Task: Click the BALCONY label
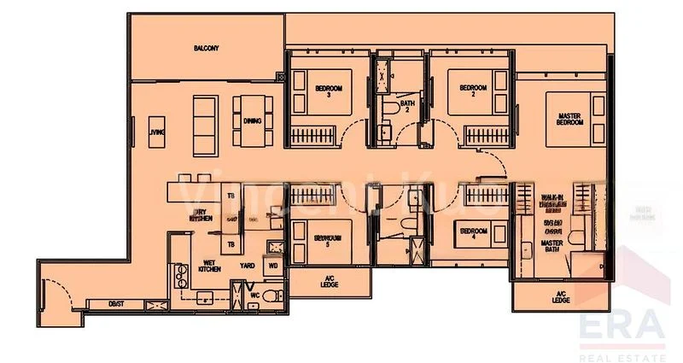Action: (x=206, y=49)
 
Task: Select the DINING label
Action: (x=252, y=121)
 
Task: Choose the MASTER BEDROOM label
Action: (x=570, y=119)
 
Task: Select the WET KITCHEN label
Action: (x=211, y=266)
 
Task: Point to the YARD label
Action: (x=247, y=266)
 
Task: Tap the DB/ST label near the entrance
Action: (x=116, y=303)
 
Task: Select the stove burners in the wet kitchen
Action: (x=181, y=274)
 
